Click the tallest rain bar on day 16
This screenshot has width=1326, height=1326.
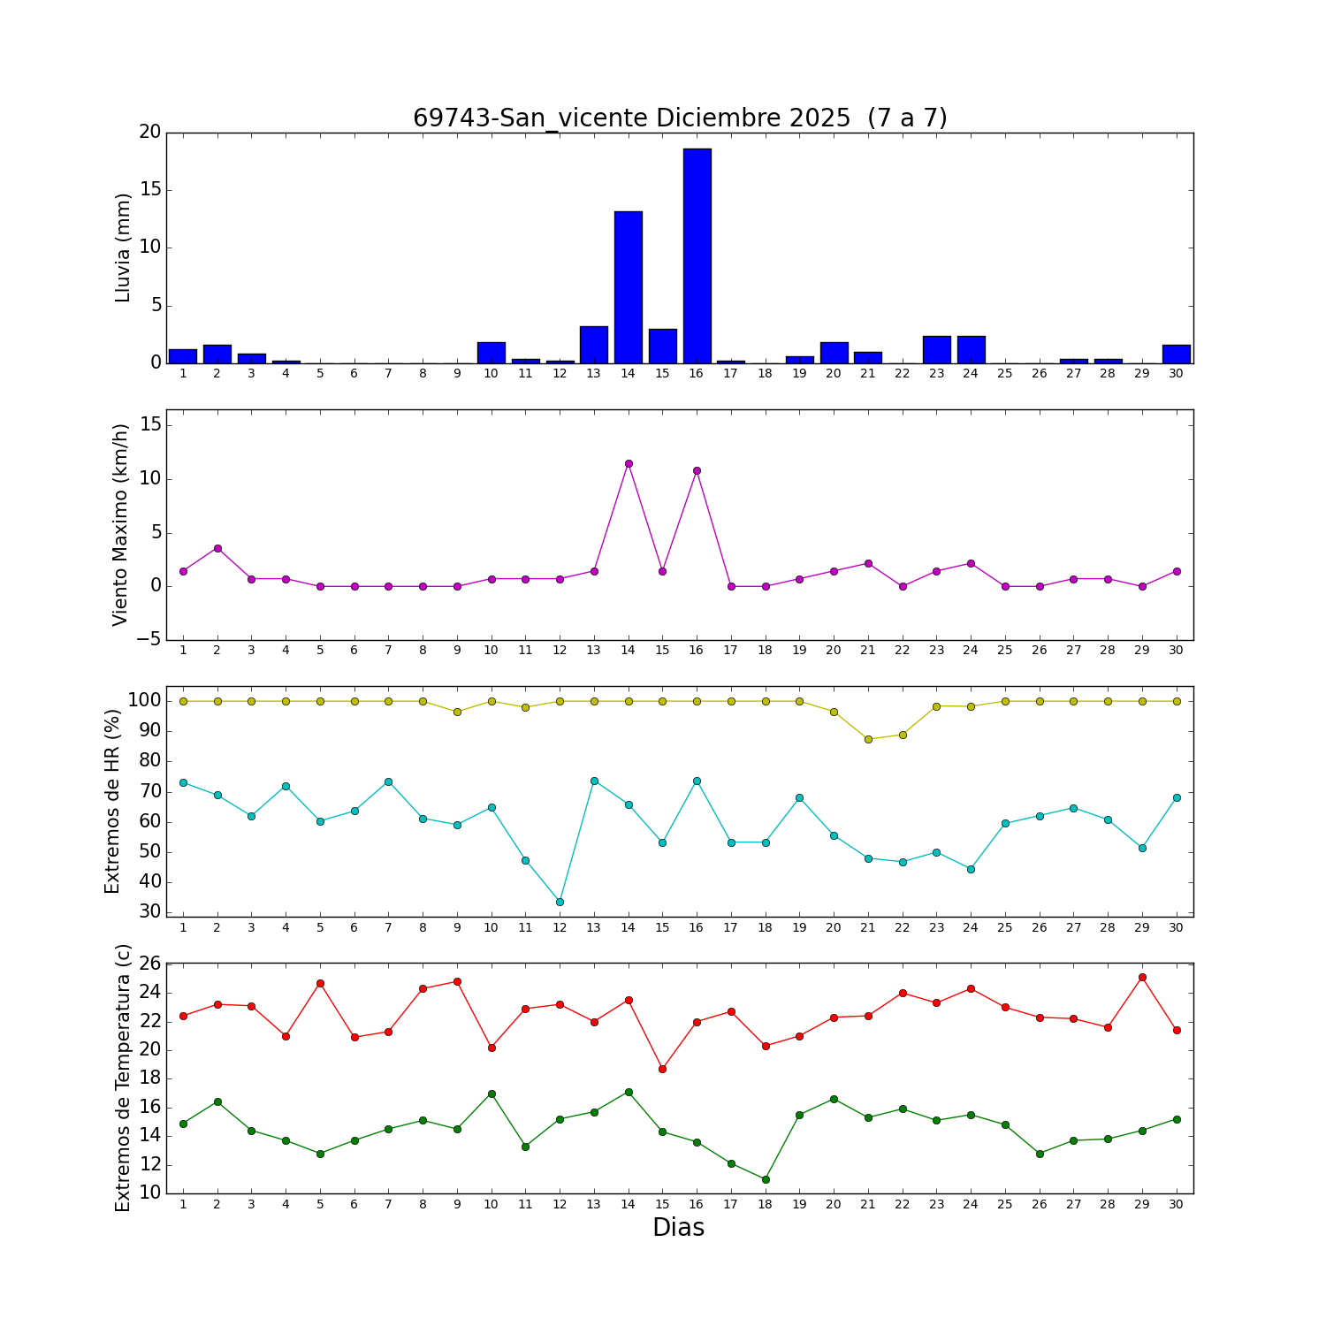click(697, 256)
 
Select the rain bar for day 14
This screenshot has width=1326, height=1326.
click(629, 287)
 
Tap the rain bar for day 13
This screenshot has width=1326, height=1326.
click(594, 345)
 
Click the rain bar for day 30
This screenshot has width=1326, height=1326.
click(1176, 354)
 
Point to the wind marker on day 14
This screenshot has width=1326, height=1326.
click(629, 463)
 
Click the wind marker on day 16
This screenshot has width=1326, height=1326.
click(697, 470)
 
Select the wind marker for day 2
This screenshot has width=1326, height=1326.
click(217, 548)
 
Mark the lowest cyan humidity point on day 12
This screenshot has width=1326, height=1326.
click(560, 902)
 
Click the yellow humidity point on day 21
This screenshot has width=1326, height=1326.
click(868, 739)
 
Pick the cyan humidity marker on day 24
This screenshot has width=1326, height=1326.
click(971, 869)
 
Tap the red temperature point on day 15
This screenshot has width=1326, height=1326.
click(662, 1069)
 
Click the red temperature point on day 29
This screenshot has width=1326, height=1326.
click(1142, 977)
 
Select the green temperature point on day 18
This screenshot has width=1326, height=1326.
click(766, 1179)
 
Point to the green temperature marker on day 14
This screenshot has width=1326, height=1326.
click(629, 1092)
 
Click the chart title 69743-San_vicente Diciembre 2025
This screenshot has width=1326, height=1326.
click(680, 118)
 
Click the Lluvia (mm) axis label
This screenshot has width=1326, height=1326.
click(123, 248)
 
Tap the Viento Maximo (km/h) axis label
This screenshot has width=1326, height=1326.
click(121, 525)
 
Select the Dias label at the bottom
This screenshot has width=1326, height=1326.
click(678, 1228)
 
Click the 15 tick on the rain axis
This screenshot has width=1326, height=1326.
click(151, 190)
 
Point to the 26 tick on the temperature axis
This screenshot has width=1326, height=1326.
click(151, 964)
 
